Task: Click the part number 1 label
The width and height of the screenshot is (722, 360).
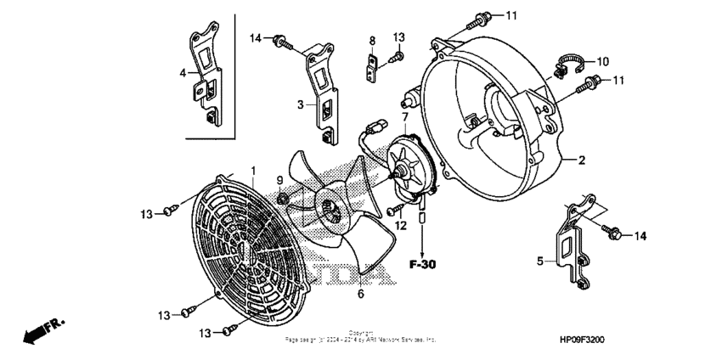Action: [x=252, y=171]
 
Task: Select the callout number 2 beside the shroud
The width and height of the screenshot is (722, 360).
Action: [x=582, y=160]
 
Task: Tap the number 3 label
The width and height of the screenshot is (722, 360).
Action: [x=300, y=104]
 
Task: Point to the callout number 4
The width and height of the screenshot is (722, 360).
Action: [x=182, y=73]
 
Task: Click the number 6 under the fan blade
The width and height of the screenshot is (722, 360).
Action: [x=360, y=294]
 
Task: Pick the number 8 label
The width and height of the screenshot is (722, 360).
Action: [x=371, y=41]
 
